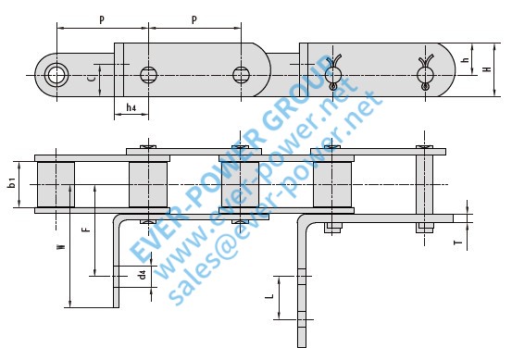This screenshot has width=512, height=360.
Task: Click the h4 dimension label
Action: coord(131,107)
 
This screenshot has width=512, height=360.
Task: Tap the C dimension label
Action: coord(93,78)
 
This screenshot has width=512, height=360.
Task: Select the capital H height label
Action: coord(487,69)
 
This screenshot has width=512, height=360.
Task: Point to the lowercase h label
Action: coord(467,59)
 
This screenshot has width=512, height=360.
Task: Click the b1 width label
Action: coord(12,182)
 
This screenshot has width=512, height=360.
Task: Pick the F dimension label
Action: coord(86,230)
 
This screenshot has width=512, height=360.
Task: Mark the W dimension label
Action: coord(61,247)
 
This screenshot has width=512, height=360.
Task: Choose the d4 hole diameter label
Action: coord(142,275)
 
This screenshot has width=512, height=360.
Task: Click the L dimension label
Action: coord(269,296)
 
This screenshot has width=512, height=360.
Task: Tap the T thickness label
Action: coord(459,242)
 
